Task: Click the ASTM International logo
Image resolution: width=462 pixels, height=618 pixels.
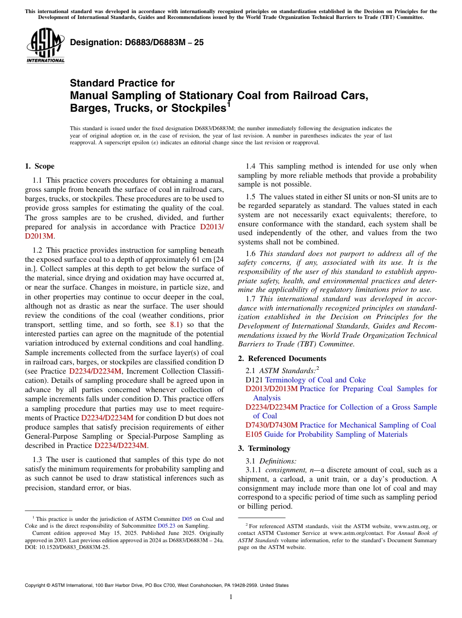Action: [x=45, y=46]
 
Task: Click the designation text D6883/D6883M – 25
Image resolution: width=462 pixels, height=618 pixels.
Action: [x=137, y=42]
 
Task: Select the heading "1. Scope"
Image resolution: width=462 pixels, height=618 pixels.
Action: [x=39, y=166]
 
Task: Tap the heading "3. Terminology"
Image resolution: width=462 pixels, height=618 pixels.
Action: [x=264, y=448]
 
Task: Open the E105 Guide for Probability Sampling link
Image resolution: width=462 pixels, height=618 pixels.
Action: [x=322, y=434]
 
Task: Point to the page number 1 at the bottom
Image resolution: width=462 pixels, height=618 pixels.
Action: [x=231, y=597]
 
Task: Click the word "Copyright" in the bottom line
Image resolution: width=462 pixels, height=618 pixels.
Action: [x=36, y=585]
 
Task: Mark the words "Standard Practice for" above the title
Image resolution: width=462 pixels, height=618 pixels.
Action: [x=122, y=83]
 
